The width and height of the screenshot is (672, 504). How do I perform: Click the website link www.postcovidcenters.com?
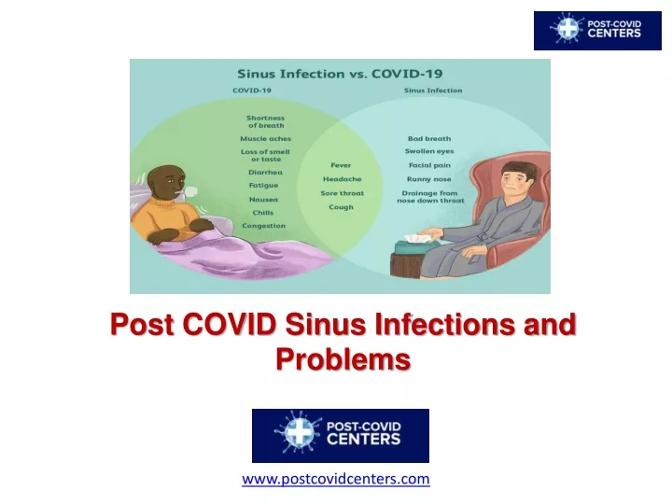click(336, 479)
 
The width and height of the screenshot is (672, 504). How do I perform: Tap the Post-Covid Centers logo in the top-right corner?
click(597, 31)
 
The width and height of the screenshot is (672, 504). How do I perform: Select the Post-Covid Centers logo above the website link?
click(341, 436)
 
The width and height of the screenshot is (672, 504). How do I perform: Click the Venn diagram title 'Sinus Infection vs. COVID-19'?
click(340, 74)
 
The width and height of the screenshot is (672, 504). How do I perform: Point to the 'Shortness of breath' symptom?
click(266, 121)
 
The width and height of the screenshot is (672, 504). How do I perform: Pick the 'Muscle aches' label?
click(265, 139)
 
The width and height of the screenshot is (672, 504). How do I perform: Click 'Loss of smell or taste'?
click(265, 155)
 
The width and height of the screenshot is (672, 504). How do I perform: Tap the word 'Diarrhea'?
click(265, 173)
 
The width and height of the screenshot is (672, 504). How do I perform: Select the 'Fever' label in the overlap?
click(341, 165)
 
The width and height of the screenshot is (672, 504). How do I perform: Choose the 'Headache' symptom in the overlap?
click(342, 179)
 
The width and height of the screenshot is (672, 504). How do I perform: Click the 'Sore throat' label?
click(342, 193)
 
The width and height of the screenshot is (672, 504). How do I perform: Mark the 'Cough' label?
click(342, 207)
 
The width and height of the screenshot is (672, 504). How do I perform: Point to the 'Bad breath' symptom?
click(429, 139)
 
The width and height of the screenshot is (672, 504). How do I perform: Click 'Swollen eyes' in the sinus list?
click(429, 151)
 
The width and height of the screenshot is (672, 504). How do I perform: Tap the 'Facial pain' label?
click(429, 165)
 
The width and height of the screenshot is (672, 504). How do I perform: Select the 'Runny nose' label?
click(429, 179)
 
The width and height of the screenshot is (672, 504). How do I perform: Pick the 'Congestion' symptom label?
click(263, 226)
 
